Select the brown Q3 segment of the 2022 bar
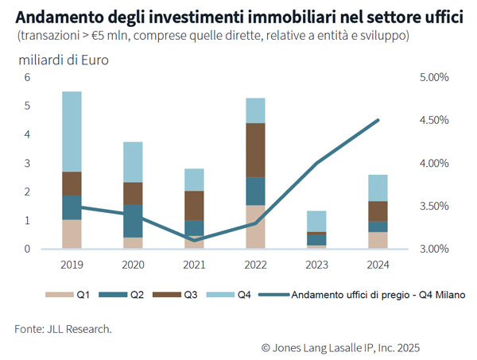pos(255,150)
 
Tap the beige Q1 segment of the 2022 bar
pos(255,226)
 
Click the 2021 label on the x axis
pos(194,261)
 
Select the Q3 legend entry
pos(182,295)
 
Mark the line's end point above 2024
pos(378,120)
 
